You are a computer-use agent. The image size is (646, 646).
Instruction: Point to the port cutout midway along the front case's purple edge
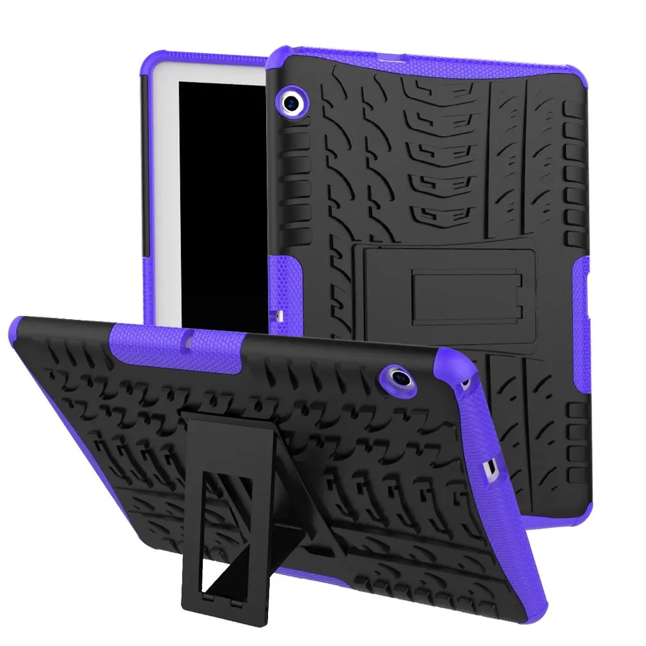[492, 470]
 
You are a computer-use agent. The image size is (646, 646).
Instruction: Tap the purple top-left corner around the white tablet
[150, 64]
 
